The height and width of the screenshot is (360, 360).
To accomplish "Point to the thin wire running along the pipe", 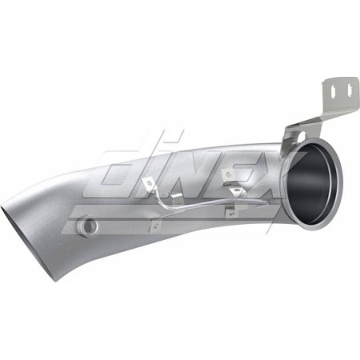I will (192, 199).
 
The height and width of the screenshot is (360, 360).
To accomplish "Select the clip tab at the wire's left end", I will (149, 186).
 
